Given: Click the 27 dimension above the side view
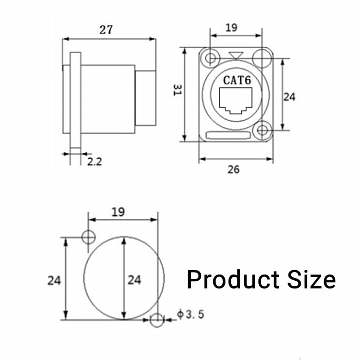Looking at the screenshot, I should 106,30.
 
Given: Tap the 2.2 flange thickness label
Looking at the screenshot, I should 94,162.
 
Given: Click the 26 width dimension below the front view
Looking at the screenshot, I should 234,169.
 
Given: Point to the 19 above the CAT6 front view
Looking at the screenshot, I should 231,27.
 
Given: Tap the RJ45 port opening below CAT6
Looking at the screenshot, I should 235,101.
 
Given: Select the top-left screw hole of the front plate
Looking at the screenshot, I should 210,58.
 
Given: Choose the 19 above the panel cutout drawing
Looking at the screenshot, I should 118,211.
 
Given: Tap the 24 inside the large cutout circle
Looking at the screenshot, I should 134,280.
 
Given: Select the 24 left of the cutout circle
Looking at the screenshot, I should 54,280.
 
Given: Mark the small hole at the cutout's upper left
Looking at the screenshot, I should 89,237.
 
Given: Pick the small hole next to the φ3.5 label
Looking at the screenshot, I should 157,320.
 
